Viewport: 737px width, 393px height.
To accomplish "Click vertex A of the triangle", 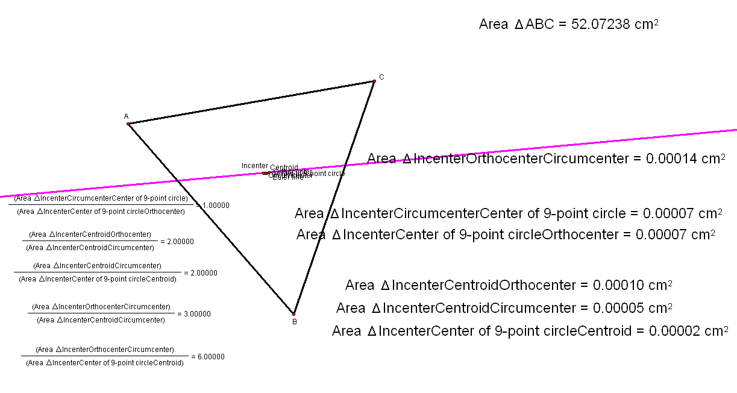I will click(128, 124).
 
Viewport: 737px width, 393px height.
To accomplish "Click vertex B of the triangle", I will click(293, 313).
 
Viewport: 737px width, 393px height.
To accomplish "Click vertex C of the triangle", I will click(374, 81).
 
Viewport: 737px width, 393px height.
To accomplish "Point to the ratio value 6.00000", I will click(211, 357).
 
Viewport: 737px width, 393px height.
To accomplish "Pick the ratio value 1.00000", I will click(216, 206).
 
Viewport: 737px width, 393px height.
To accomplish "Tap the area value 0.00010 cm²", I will click(633, 285).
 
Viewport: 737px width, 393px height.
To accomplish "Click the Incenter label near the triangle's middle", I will click(254, 166).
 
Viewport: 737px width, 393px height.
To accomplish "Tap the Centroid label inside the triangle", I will click(284, 168).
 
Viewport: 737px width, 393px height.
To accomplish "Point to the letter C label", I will click(381, 77).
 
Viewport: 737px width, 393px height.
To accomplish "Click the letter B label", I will click(294, 322).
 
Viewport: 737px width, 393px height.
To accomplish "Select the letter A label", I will click(126, 116).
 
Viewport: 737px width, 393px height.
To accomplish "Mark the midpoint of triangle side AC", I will click(251, 102).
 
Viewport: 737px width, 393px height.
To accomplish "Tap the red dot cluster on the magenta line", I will click(265, 173).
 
